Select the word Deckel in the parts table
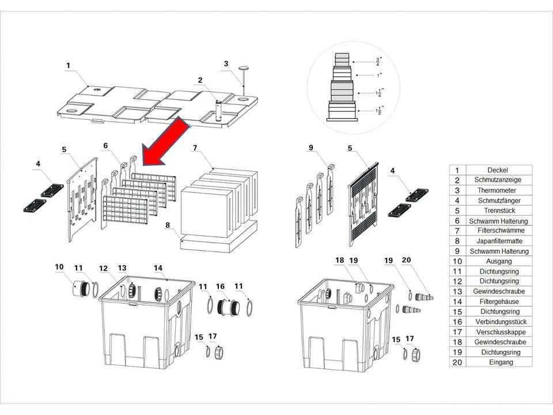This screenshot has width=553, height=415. click(x=498, y=170)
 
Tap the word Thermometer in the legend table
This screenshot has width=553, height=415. click(x=497, y=190)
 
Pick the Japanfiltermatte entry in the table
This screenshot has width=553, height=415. click(x=499, y=241)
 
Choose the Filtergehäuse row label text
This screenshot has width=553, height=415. click(x=500, y=301)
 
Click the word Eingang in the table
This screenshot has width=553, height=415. click(x=501, y=363)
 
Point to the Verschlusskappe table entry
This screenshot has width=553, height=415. click(x=501, y=332)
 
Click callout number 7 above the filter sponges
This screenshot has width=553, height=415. click(x=195, y=148)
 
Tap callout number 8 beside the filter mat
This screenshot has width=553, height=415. click(x=168, y=225)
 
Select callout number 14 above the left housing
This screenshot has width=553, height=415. click(x=158, y=268)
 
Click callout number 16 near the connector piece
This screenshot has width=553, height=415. click(x=221, y=286)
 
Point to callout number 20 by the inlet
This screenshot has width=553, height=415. click(x=406, y=260)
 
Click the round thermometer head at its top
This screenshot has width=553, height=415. click(x=243, y=68)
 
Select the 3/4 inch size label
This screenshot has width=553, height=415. click(x=378, y=62)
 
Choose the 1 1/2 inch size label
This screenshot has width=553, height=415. click(x=378, y=111)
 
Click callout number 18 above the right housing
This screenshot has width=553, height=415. click(x=340, y=260)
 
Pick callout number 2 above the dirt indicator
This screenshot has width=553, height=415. click(x=200, y=80)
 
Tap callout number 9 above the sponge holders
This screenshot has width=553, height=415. click(x=310, y=148)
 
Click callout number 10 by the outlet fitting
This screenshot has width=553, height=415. click(x=59, y=267)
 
